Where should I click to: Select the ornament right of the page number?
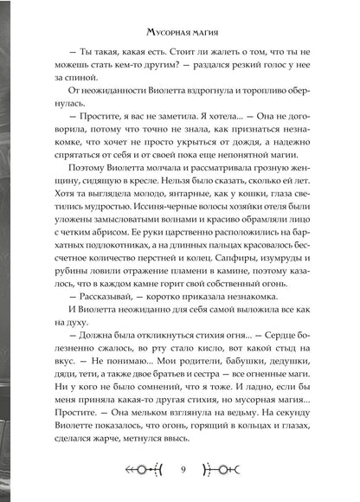click(231, 472)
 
